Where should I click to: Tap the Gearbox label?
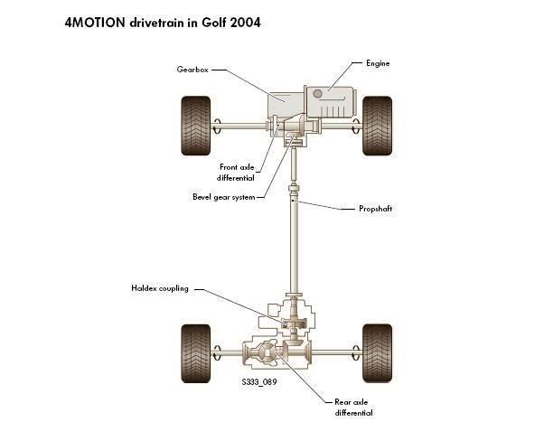194,70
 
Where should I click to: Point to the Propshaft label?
376,209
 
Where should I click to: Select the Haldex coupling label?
160,288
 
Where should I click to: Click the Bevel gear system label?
223,196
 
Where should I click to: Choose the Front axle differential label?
238,172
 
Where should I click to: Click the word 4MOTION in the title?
98,22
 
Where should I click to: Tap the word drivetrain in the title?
158,22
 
